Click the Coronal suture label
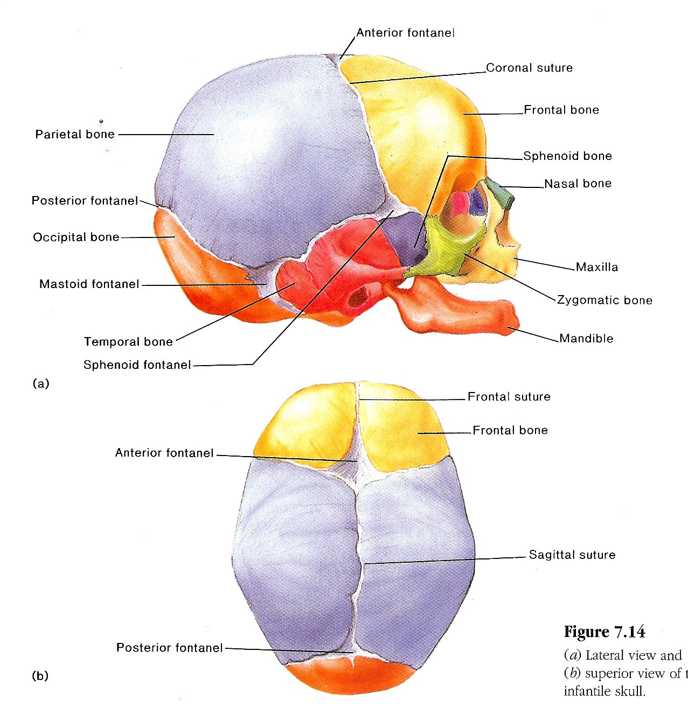pyautogui.click(x=529, y=68)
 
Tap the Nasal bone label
pyautogui.click(x=578, y=184)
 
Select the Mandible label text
pyautogui.click(x=586, y=339)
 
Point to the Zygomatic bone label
pyautogui.click(x=604, y=300)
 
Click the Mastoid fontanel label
pyautogui.click(x=89, y=284)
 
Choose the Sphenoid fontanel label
pyautogui.click(x=137, y=365)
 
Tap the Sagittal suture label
pyautogui.click(x=572, y=555)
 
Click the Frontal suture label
pyautogui.click(x=509, y=397)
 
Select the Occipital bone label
pyautogui.click(x=76, y=237)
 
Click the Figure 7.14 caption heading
pyautogui.click(x=604, y=632)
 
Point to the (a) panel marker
pyautogui.click(x=41, y=383)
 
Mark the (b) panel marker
pyautogui.click(x=40, y=676)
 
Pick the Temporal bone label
pyautogui.click(x=128, y=342)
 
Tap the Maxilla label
pyautogui.click(x=597, y=267)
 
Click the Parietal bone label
pyautogui.click(x=75, y=135)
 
